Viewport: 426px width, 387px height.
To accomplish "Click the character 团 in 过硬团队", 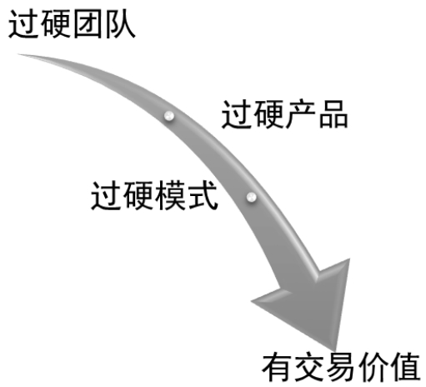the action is coord(88,24).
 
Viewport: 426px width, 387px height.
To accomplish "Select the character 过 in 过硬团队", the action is coord(23,24).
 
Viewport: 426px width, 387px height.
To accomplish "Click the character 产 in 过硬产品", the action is coord(301,114).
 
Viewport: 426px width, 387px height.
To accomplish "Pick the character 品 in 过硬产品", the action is coord(333,114).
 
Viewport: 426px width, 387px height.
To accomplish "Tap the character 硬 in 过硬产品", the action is coord(268,114).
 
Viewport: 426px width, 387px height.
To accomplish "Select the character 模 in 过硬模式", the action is coord(170,195).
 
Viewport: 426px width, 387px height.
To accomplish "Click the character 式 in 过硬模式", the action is coord(203,195).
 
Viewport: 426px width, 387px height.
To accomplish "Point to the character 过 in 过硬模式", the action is coord(106,195).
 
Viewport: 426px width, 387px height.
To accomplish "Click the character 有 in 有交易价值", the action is coord(277,368).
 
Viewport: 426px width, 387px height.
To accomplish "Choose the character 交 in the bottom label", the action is coord(309,368).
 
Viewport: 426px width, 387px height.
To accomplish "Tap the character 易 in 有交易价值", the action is coord(341,368).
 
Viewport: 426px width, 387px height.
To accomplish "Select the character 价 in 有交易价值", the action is coord(373,368).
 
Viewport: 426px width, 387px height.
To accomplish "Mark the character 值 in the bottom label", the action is coord(405,368).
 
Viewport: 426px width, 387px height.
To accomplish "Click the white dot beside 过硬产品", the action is coord(169,116).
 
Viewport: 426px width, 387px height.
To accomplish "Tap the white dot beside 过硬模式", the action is coord(251,197).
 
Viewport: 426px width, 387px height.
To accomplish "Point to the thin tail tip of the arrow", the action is coord(19,54).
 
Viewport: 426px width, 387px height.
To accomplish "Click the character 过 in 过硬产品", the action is coord(236,114).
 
